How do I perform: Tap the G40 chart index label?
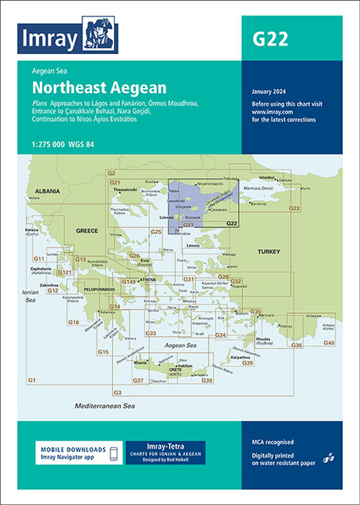(x=328, y=343)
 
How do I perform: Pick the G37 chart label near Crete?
(x=138, y=380)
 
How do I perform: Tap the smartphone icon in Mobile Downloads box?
(x=113, y=453)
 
